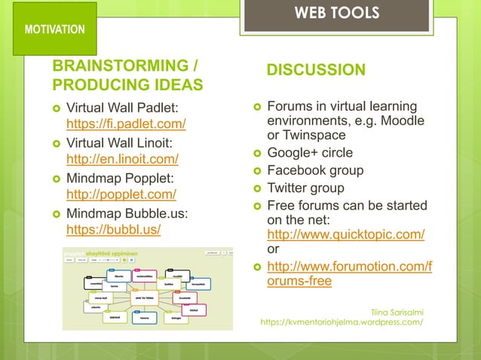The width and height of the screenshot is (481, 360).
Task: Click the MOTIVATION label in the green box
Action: [54, 29]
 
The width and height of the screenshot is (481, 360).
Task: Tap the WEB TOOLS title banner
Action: [336, 14]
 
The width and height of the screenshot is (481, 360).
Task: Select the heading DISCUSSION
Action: [316, 70]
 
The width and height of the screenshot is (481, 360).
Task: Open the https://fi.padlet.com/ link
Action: [126, 124]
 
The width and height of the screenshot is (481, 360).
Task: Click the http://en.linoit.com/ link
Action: [122, 159]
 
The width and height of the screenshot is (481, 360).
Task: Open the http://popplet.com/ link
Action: [121, 194]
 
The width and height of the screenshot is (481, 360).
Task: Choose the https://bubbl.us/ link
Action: [114, 229]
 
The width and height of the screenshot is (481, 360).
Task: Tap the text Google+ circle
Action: [310, 153]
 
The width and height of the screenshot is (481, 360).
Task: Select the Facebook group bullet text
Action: [315, 170]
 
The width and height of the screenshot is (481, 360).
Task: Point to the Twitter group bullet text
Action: [305, 188]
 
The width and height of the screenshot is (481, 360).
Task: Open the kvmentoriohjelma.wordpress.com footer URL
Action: [341, 322]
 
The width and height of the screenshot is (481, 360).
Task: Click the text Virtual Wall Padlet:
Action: [123, 108]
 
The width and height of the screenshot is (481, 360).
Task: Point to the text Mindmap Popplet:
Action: [120, 178]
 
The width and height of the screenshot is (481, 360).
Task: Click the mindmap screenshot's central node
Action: [146, 297]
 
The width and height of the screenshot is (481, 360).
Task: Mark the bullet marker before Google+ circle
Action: [256, 154]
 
